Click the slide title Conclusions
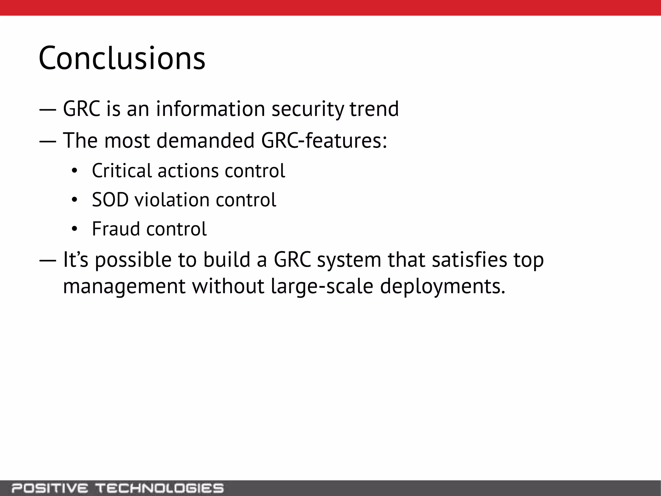pos(122,58)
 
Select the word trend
pos(374,109)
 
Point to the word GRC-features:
pos(324,140)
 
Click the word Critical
pos(121,170)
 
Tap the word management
pos(124,286)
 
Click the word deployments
pos(442,286)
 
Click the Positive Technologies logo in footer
pos(117,488)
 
